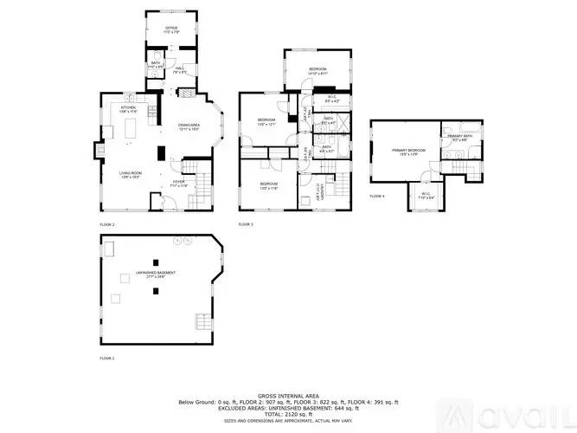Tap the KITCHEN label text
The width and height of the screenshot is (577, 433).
coord(129,107)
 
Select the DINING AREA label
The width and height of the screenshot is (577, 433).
coord(189,127)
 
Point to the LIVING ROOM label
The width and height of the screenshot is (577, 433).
coord(131,175)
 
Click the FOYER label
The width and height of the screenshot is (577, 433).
coord(178,183)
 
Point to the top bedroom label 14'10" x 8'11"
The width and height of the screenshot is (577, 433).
coord(317,70)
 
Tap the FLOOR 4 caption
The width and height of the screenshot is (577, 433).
coord(377,197)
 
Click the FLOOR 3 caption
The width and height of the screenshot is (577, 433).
coord(246,224)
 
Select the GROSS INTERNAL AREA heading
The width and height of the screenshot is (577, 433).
coord(288,394)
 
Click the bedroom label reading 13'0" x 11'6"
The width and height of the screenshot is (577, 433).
coord(268,186)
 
